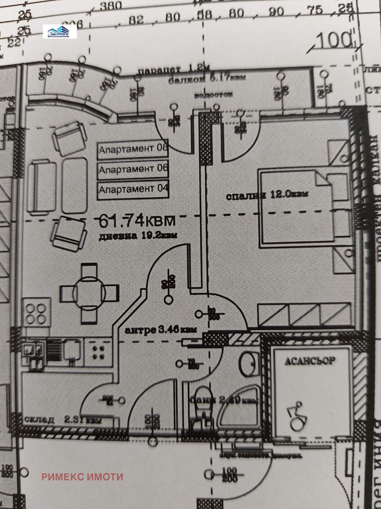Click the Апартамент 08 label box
pos(133,148)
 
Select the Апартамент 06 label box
pos(133,169)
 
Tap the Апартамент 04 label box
pos(133,189)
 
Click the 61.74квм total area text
pos(137,220)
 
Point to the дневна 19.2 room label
pos(137,236)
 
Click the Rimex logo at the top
pos(60,31)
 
